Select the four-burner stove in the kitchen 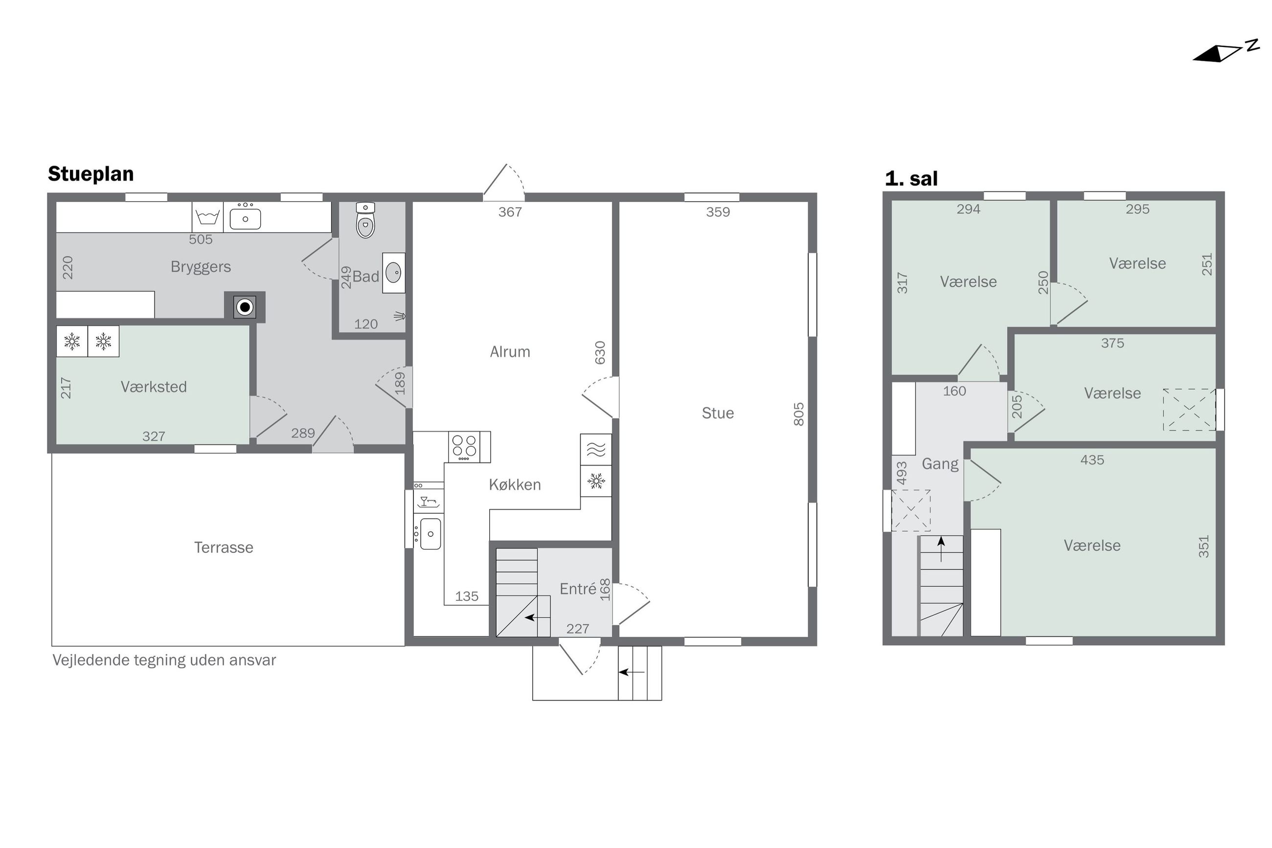point(464,446)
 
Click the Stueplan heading point(91,174)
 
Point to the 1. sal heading point(911,179)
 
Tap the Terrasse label point(224,547)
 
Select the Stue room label point(718,413)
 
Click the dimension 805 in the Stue point(798,414)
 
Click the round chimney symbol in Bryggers point(245,307)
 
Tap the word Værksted point(154,387)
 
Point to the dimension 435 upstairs point(1092,459)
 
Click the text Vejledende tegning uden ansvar point(164,660)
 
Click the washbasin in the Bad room point(393,273)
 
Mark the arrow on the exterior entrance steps point(632,672)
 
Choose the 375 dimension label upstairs point(1113,343)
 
